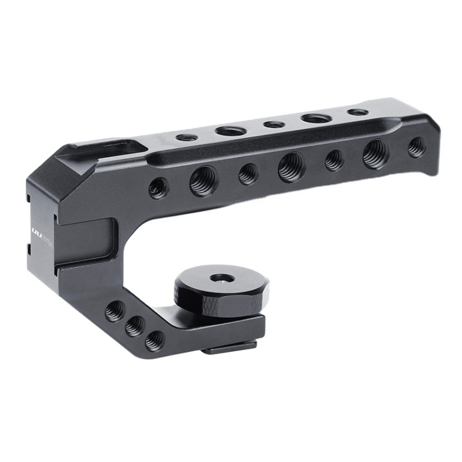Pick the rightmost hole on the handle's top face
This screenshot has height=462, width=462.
click(x=357, y=112)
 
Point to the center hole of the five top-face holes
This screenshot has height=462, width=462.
click(x=274, y=124)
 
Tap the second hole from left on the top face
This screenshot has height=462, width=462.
click(x=230, y=131)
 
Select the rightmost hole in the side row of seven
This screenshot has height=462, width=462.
click(x=416, y=147)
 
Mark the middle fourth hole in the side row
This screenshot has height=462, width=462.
click(x=291, y=167)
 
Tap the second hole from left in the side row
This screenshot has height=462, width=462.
click(x=203, y=181)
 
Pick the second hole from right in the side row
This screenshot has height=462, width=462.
click(x=375, y=153)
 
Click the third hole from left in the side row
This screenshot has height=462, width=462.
click(x=248, y=174)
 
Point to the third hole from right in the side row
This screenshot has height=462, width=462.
click(x=334, y=160)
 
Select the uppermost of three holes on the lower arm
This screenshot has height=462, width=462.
click(x=114, y=311)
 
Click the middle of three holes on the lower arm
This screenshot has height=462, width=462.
click(x=134, y=326)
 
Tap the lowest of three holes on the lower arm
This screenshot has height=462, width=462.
click(x=154, y=340)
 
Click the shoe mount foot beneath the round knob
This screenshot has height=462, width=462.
click(x=231, y=349)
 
